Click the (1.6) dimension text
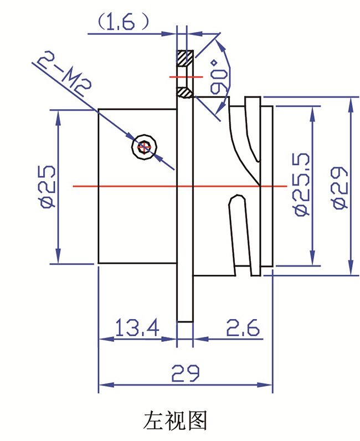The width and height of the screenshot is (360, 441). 123,22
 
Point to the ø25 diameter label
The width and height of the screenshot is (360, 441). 47,186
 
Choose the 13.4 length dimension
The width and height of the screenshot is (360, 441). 136,329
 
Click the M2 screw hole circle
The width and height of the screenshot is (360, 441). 145,147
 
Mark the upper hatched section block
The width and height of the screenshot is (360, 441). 184,57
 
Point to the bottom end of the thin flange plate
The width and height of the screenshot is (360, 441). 184,321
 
